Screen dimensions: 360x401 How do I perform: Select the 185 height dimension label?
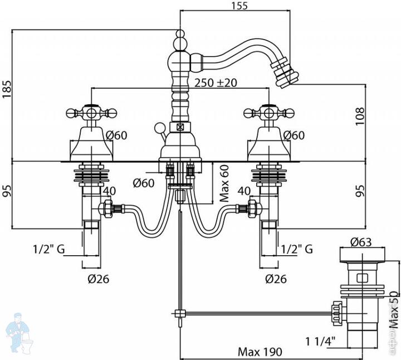point(7,89)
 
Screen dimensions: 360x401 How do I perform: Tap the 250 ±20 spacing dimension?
point(216,82)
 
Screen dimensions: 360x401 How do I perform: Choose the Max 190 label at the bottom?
point(260,352)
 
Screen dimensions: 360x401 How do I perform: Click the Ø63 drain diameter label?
point(361,242)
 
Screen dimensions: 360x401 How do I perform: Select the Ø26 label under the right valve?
point(275,279)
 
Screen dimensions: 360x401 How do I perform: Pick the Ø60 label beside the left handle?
point(116,135)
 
